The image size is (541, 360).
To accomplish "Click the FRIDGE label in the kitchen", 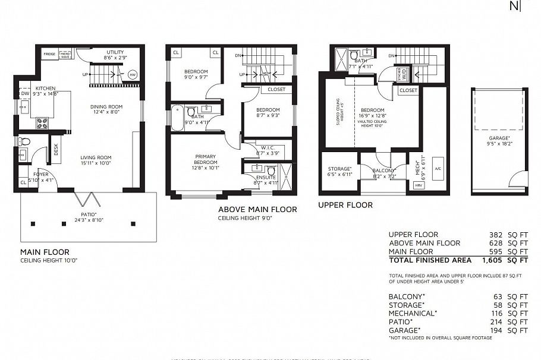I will coord(49,54).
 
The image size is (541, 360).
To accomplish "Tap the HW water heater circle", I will coord(132,74).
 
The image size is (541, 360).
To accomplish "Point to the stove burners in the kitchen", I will coord(43,123).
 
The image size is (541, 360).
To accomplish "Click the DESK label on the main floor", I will coord(56,150).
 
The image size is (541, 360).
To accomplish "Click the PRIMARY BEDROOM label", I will coord(205,160).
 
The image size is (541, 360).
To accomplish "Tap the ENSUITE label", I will coord(266,177).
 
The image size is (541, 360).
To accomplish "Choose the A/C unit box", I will coord(438,168).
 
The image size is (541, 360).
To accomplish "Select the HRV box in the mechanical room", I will coord(419,185).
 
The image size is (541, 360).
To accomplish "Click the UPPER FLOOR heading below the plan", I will coord(345,205).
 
